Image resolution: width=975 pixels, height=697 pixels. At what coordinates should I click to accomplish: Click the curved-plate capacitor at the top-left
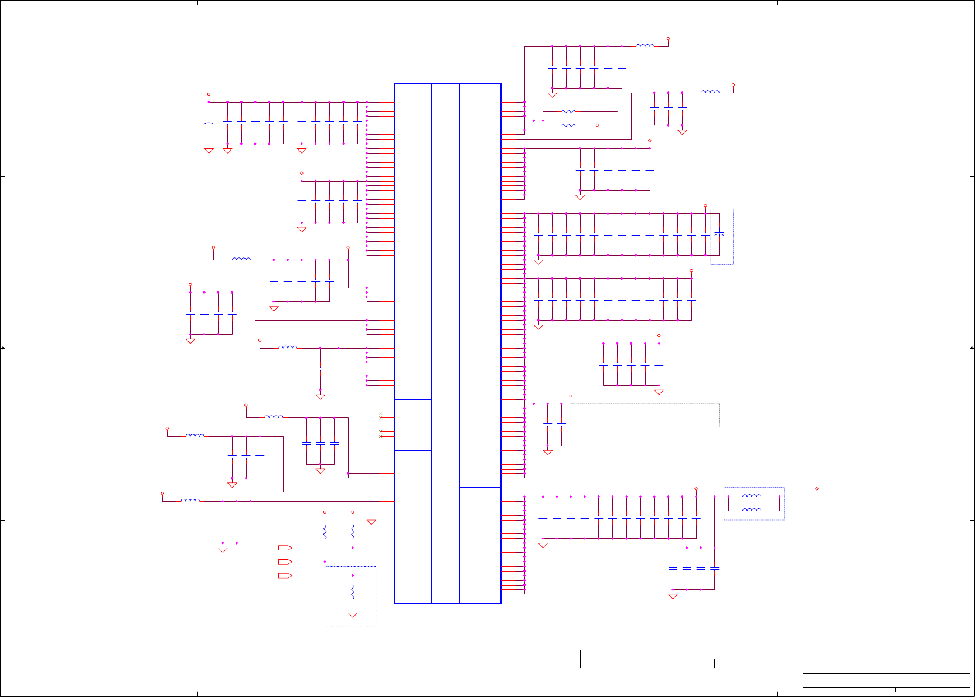click(209, 122)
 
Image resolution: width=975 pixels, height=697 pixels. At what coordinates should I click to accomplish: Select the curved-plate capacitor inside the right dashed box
click(720, 233)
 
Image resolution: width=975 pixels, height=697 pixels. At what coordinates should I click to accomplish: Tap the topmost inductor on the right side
click(645, 45)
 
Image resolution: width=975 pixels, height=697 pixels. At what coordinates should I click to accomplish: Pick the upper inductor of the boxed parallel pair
click(752, 496)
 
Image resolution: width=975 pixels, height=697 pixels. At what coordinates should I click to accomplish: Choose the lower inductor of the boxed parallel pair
click(752, 510)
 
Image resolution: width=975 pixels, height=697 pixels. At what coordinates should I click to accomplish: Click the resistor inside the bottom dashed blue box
click(353, 591)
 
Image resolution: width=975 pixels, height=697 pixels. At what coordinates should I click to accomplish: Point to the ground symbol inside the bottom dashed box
click(353, 615)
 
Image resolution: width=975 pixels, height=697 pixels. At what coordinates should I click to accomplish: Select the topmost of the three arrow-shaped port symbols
click(285, 548)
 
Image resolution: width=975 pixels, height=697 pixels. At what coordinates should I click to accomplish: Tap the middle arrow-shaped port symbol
click(285, 562)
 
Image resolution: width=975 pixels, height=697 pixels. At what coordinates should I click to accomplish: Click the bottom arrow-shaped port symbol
click(285, 576)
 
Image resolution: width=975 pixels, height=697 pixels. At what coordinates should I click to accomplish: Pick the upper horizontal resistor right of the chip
click(568, 111)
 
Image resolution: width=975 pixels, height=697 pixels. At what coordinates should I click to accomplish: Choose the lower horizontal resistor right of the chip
click(568, 125)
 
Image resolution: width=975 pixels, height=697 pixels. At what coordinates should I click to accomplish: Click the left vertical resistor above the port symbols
click(325, 531)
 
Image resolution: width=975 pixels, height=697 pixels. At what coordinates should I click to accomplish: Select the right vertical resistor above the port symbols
click(353, 531)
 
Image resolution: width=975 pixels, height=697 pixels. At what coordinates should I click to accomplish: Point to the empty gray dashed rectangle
click(645, 415)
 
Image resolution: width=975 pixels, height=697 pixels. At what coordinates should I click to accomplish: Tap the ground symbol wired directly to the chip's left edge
click(371, 521)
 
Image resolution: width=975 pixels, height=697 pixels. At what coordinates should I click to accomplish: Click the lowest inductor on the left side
click(190, 500)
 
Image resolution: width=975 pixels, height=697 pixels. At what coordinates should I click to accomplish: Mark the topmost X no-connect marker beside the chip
click(381, 413)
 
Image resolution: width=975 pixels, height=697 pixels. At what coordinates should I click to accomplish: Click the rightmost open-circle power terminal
click(816, 488)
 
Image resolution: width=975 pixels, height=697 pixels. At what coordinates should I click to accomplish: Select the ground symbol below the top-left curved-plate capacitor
click(209, 151)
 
